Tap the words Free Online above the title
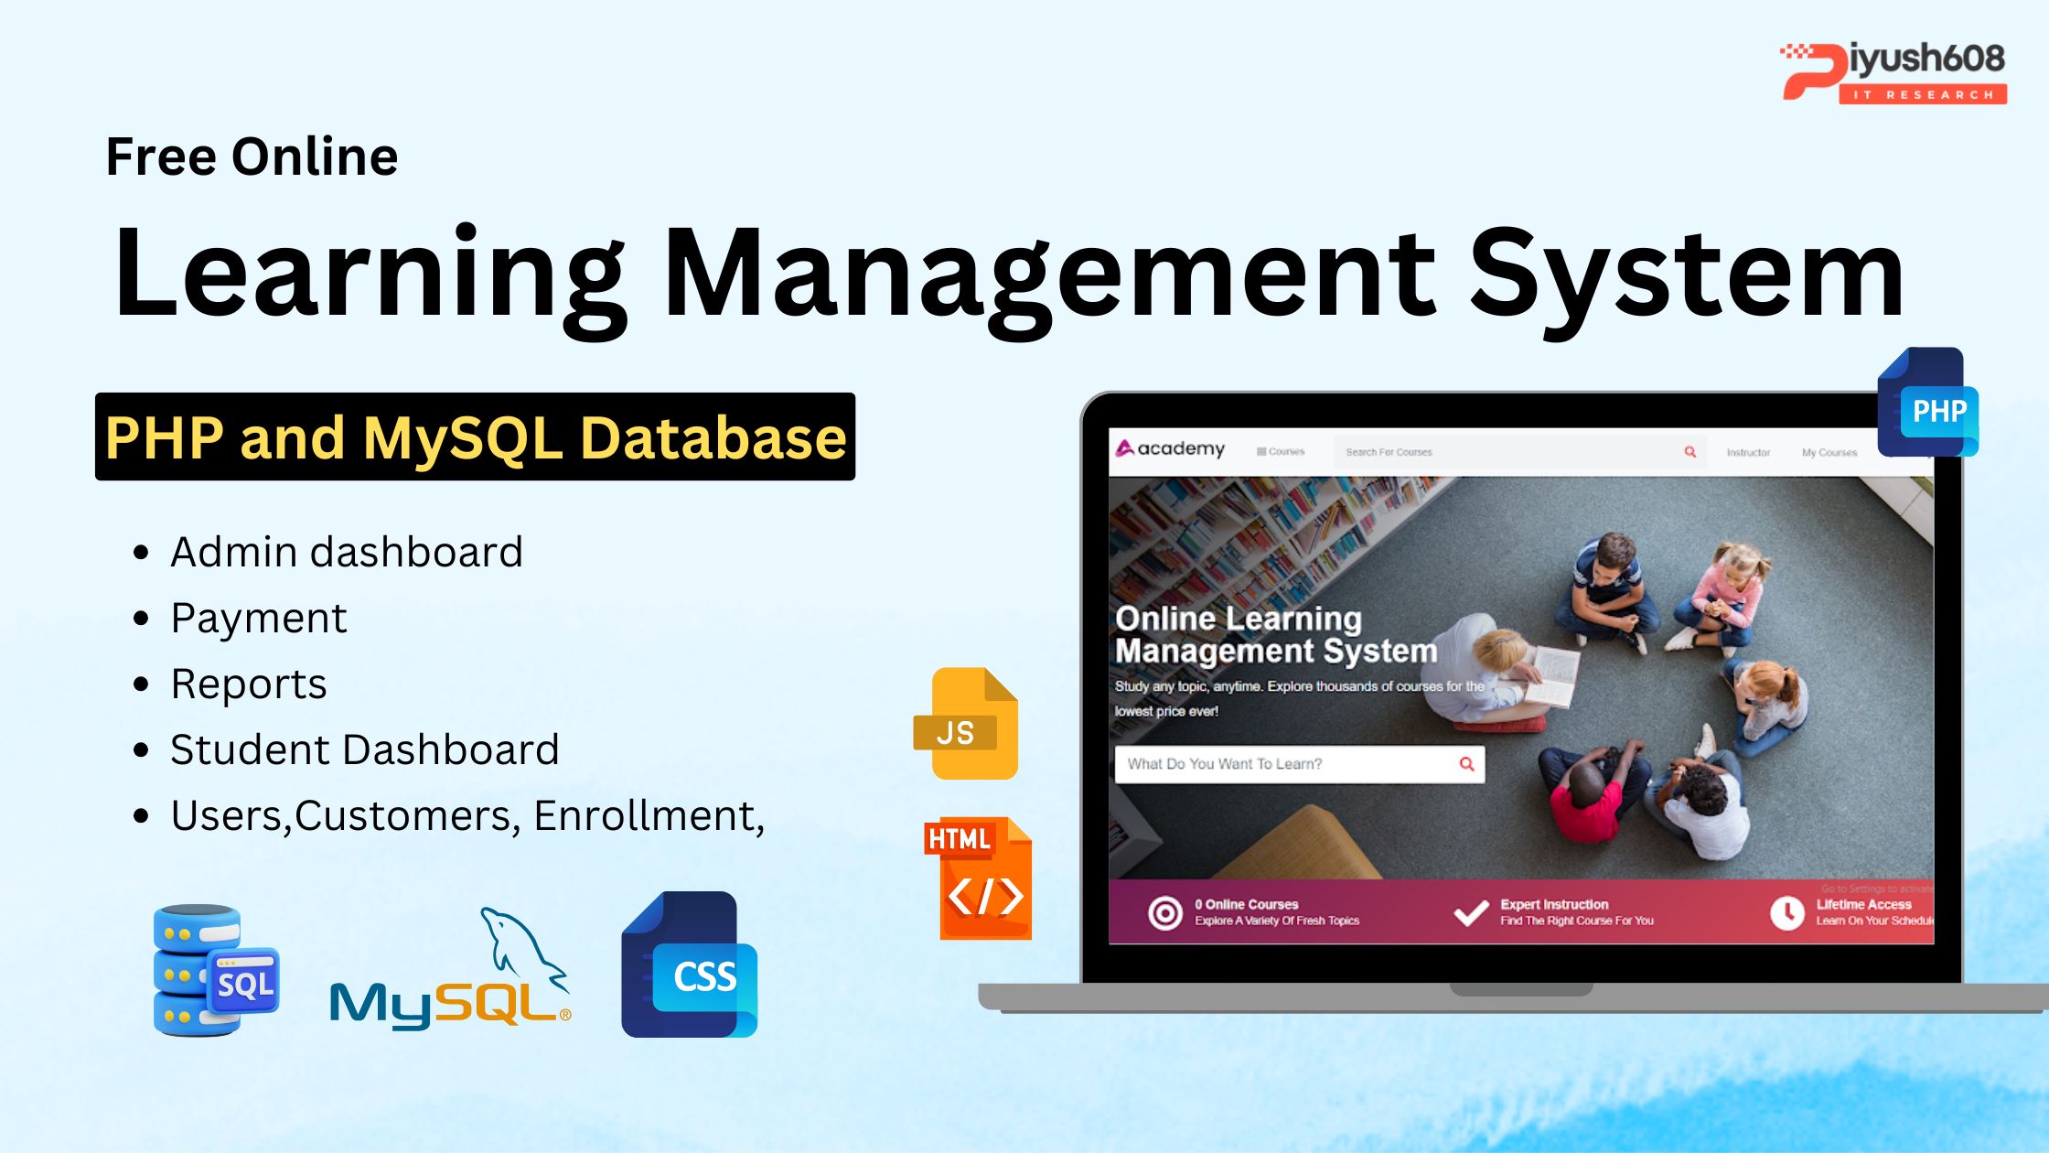tap(252, 156)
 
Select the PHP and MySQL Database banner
tap(475, 437)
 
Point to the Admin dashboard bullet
tap(346, 552)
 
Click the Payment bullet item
tap(258, 618)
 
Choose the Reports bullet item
tap(248, 684)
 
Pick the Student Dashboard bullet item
tap(364, 749)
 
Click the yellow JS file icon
tap(966, 724)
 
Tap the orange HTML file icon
tap(978, 878)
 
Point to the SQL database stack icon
tap(215, 970)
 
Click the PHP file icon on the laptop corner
tap(1926, 404)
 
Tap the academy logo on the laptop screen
tap(1170, 448)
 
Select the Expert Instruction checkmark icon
tap(1471, 912)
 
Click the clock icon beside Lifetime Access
tap(1786, 912)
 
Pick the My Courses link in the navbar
tap(1829, 452)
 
